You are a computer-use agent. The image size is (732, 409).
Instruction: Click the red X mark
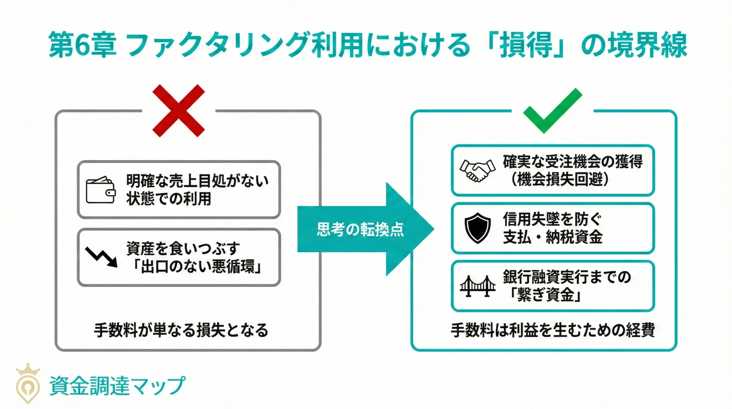point(179,110)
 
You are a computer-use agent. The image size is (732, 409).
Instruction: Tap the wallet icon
point(101,190)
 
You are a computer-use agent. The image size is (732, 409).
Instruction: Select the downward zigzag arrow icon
point(102,257)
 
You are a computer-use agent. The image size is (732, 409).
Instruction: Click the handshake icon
point(477,171)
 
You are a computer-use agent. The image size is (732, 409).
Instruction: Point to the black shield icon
point(477,228)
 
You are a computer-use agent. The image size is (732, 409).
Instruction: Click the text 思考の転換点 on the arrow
point(360,230)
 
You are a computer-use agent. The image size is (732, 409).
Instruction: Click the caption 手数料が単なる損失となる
point(181,330)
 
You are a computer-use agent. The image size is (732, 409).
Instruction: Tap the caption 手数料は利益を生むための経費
point(553,330)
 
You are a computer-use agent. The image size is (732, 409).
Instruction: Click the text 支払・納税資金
point(553,237)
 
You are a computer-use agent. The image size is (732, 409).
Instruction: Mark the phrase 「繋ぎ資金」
point(546,295)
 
